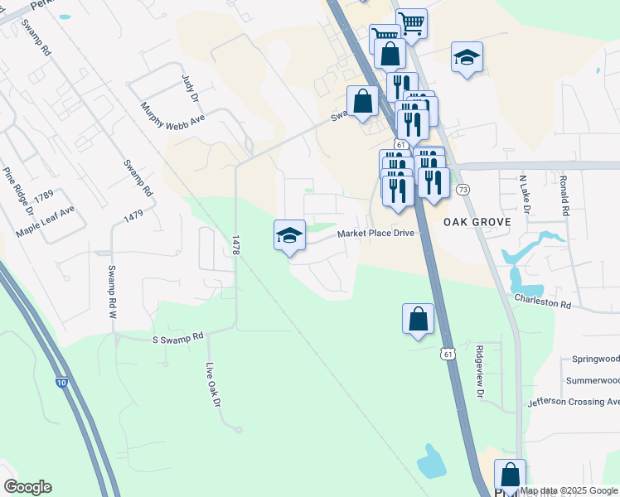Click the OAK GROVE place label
point(475,223)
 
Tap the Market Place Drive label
point(375,234)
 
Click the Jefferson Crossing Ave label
point(574,402)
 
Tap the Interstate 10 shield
point(62,382)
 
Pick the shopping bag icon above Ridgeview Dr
point(418,319)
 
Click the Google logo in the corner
point(27,487)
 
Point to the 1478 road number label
point(235,244)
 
